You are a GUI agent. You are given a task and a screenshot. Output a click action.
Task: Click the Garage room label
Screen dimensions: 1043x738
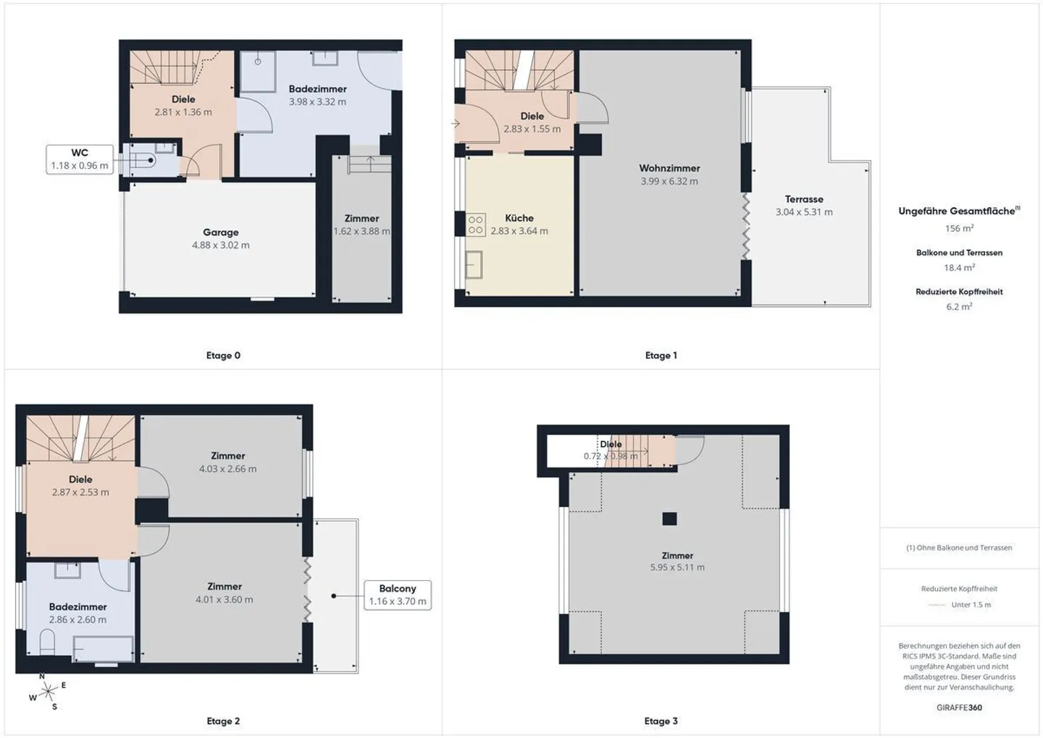(221, 232)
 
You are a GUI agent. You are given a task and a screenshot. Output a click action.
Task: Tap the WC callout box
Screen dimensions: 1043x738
(80, 159)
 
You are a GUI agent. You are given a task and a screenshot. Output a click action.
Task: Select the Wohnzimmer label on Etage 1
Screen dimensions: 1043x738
(669, 168)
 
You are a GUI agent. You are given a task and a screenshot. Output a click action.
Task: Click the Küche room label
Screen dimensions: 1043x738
(519, 218)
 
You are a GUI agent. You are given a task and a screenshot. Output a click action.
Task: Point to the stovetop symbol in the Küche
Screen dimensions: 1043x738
(476, 225)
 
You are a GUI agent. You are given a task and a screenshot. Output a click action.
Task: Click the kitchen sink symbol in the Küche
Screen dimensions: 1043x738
(474, 264)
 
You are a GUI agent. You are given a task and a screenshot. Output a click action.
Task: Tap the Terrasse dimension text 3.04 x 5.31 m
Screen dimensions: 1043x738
(804, 212)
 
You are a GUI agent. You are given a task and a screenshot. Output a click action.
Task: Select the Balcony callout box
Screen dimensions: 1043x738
(398, 595)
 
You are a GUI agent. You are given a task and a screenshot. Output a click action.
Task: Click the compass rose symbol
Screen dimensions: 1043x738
(48, 692)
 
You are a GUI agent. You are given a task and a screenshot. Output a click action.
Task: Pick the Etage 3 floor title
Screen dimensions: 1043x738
(661, 721)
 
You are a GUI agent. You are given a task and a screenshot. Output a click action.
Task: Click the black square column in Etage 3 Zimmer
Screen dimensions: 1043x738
(669, 519)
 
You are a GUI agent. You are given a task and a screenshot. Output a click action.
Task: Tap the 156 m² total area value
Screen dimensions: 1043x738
(959, 228)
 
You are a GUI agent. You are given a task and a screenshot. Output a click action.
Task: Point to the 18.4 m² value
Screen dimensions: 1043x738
(959, 267)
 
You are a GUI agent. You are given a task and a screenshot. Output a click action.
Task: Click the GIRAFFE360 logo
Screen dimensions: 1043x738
(959, 708)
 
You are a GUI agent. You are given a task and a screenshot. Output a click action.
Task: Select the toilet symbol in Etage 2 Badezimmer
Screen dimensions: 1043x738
(47, 642)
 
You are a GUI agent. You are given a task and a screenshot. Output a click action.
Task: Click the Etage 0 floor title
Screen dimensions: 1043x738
(224, 356)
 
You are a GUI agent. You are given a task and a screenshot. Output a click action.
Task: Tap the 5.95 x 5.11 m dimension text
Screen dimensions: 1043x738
(677, 568)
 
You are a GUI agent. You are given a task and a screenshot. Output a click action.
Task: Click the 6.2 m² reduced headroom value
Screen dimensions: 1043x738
(959, 306)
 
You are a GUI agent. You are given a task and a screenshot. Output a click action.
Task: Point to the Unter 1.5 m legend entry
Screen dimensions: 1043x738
(971, 605)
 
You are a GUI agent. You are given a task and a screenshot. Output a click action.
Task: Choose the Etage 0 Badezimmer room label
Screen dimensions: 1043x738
(317, 89)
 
